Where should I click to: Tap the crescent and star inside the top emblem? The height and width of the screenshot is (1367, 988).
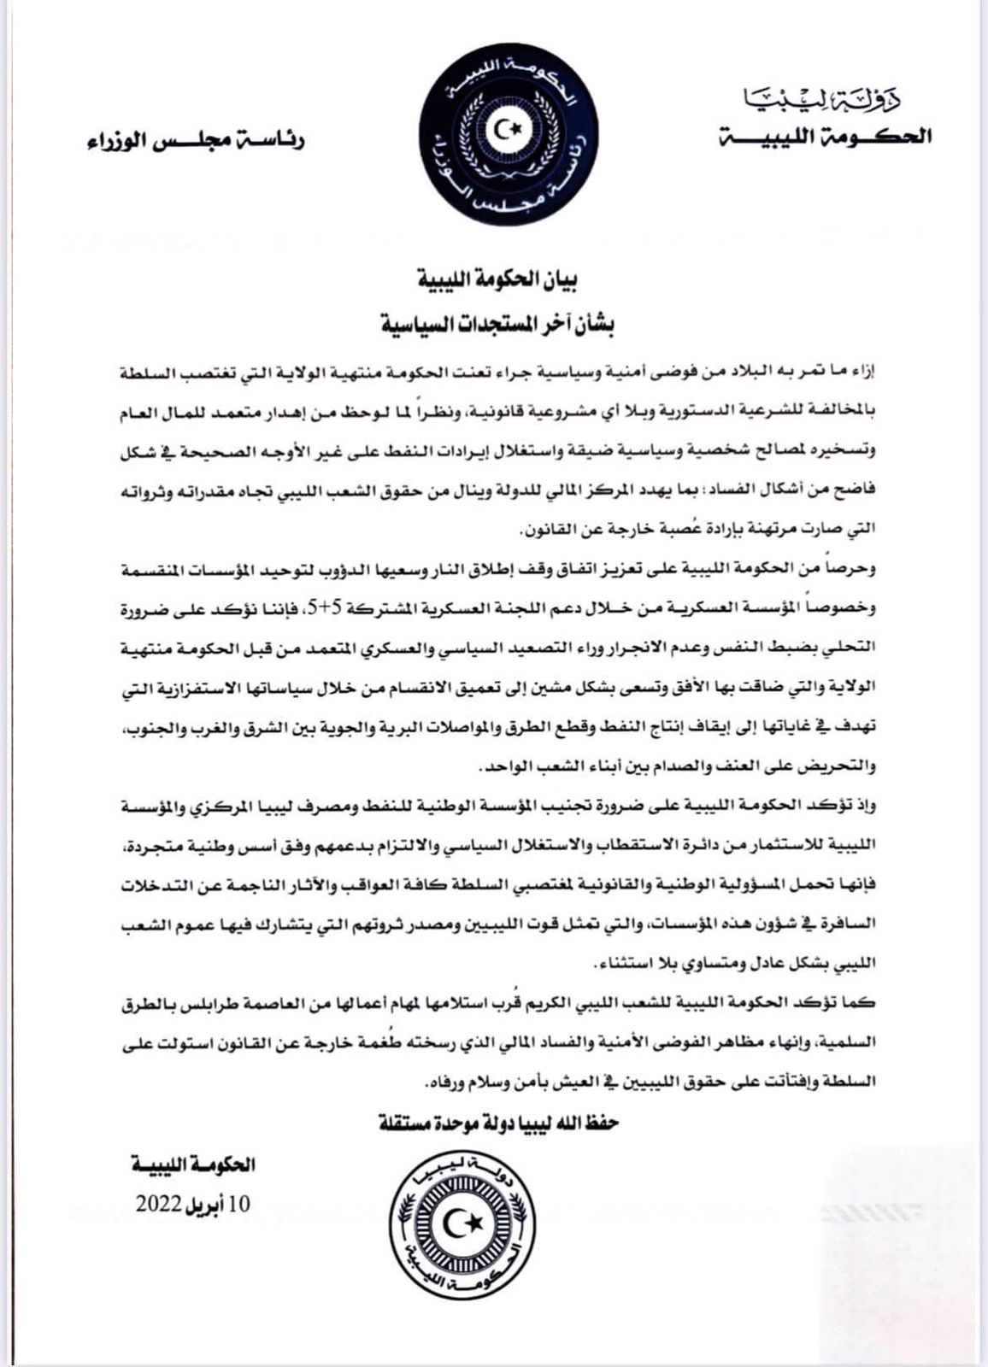(509, 130)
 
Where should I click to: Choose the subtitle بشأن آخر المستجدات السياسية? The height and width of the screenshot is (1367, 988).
(497, 324)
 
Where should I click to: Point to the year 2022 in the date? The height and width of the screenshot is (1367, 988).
(159, 1205)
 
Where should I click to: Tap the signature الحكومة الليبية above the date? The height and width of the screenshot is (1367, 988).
(193, 1165)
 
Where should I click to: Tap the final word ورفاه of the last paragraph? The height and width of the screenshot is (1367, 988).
(441, 1082)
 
